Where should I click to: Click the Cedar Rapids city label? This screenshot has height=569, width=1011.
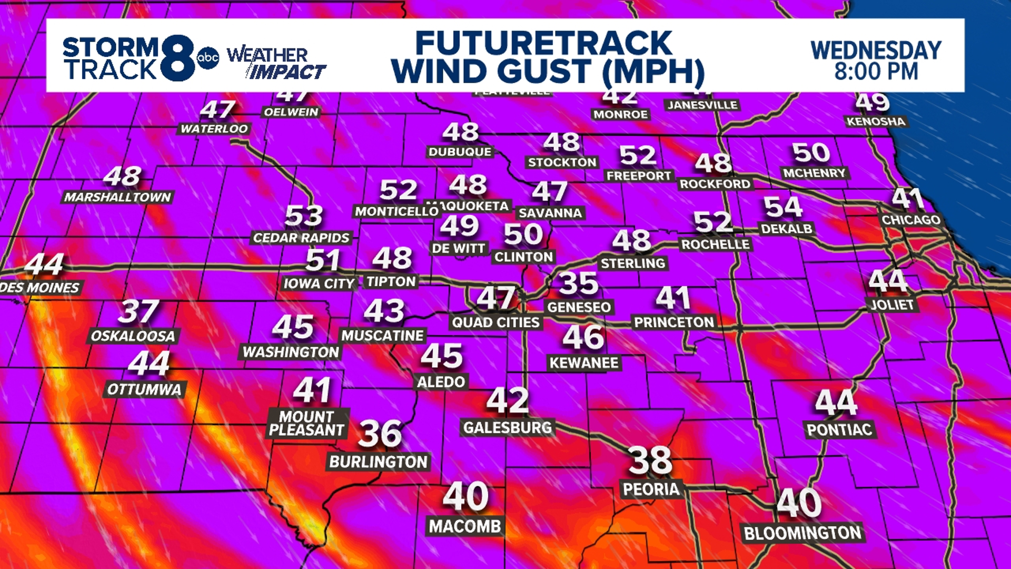[301, 238]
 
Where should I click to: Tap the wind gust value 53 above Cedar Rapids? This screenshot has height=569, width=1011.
[304, 216]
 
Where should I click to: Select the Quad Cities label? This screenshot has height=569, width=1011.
[496, 322]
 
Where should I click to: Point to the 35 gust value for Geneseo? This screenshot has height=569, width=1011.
[578, 284]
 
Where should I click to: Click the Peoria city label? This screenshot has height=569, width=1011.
[651, 489]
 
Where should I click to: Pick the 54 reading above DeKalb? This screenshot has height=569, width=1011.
[783, 207]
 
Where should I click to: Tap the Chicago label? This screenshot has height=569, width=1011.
[911, 220]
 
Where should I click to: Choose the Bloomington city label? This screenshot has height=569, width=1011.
[802, 533]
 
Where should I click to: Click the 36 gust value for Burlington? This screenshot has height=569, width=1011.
[380, 434]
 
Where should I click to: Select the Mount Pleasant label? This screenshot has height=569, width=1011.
[307, 423]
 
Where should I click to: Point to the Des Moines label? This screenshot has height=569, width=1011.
[40, 288]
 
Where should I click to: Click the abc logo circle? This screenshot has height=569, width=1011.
[207, 58]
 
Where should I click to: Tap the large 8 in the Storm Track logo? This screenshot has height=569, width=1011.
[178, 58]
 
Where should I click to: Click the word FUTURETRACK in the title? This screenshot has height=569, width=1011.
[543, 43]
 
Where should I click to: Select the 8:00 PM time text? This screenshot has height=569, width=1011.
[876, 72]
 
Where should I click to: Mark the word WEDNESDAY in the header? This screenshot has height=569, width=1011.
[876, 51]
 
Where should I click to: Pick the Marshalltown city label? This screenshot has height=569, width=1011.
[118, 198]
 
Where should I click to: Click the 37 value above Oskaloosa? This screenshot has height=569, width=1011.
[138, 311]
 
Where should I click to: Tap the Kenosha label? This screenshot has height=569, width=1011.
[876, 122]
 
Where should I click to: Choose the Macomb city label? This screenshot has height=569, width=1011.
[465, 526]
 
